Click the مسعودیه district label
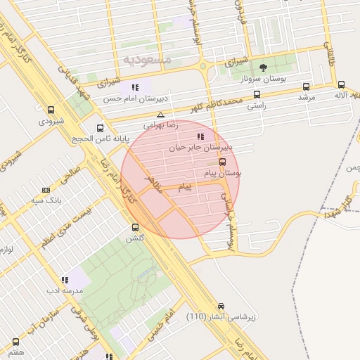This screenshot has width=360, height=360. (x=146, y=60)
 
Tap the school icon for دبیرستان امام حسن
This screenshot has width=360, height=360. (x=134, y=88)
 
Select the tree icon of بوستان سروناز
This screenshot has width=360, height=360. (x=264, y=68)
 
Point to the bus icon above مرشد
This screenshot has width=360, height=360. (x=306, y=86)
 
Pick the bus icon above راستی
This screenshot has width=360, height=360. (x=257, y=94)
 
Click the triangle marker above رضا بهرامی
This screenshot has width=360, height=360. (x=161, y=115)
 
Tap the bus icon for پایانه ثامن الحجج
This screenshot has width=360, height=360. (x=101, y=129)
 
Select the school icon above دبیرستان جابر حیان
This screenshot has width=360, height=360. (x=200, y=136)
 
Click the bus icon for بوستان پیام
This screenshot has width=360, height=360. (x=223, y=162)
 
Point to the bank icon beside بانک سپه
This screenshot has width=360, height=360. (x=46, y=190)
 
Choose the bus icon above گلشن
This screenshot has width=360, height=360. (x=136, y=227)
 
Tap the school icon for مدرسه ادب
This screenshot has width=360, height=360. (x=65, y=280)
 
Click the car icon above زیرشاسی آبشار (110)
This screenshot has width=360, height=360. (x=221, y=307)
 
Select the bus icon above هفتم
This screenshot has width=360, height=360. (x=15, y=342)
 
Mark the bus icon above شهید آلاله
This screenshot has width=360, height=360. (x=342, y=84)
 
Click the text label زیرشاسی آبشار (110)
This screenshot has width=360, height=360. (x=221, y=317)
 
